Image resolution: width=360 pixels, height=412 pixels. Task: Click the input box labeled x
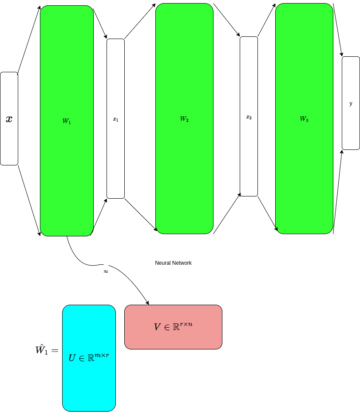pyautogui.click(x=9, y=118)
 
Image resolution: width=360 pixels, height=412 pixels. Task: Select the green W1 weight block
pyautogui.click(x=67, y=80)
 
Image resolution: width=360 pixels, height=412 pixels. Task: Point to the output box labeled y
pyautogui.click(x=351, y=103)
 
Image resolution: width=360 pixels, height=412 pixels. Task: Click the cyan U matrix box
pyautogui.click(x=89, y=381)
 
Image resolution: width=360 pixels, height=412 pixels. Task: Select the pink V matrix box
pyautogui.click(x=173, y=339)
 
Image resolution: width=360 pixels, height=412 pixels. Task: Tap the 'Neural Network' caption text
pyautogui.click(x=173, y=263)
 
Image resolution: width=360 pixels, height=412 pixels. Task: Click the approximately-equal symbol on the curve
pyautogui.click(x=106, y=271)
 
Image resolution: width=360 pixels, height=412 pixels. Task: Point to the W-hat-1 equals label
pyautogui.click(x=47, y=350)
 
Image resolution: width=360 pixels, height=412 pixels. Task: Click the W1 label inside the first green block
pyautogui.click(x=67, y=121)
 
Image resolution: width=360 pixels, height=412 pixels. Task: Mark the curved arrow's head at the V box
pyautogui.click(x=147, y=303)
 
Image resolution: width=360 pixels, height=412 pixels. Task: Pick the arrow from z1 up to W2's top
pyautogui.click(x=140, y=21)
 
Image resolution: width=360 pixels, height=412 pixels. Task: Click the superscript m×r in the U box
pyautogui.click(x=101, y=355)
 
